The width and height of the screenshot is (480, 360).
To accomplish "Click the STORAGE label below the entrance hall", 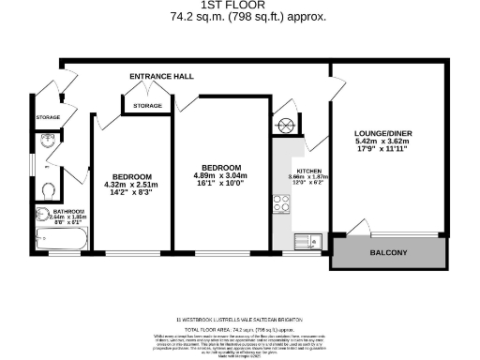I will pos(148,106).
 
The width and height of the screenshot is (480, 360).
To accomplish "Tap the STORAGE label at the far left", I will pos(48,117).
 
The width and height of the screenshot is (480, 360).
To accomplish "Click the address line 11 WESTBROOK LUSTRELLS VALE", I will pos(240,317).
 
